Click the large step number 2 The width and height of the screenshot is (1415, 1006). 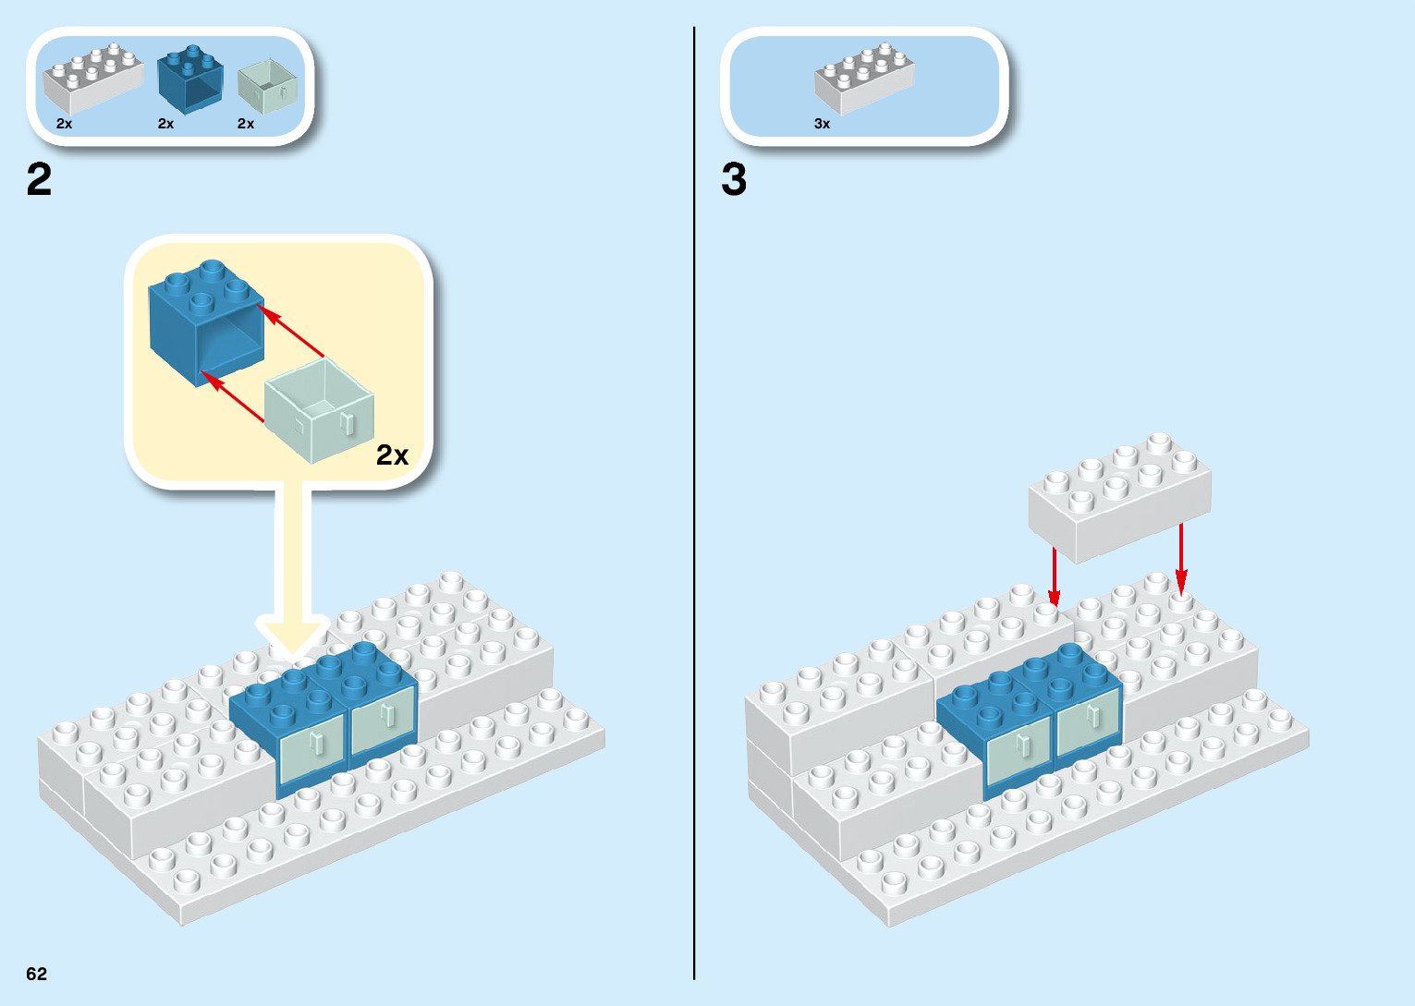pos(39,179)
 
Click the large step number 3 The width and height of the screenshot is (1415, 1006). pos(734,179)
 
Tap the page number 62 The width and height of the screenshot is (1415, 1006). pos(36,974)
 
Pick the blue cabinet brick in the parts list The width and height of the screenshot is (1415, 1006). pos(189,79)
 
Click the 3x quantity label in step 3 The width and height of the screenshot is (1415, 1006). pos(822,124)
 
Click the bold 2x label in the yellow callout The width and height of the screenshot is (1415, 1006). pos(392,455)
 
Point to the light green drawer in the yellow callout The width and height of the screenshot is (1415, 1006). pos(319,411)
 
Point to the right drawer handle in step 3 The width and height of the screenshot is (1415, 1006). pos(1093,715)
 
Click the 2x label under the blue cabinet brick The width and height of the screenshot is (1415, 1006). pos(165,124)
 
